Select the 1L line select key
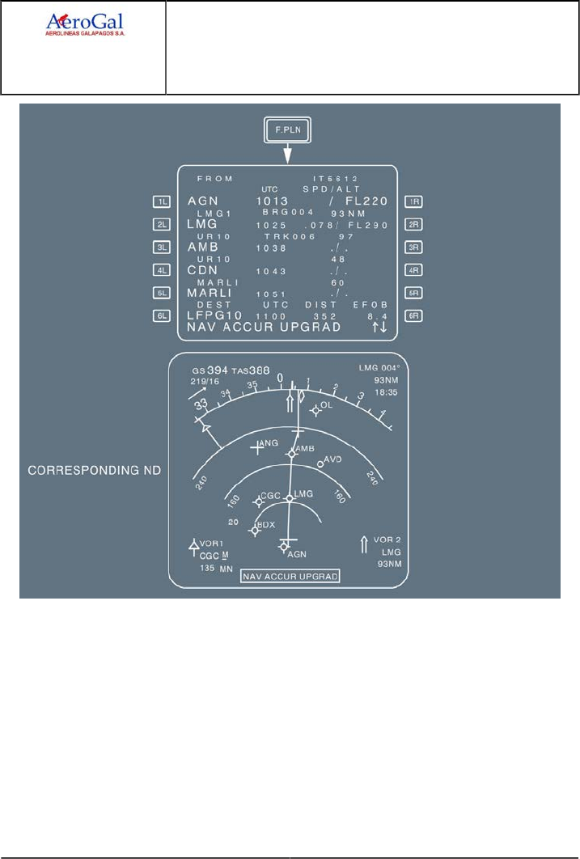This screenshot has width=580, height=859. (163, 202)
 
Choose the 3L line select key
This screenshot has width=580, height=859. (163, 248)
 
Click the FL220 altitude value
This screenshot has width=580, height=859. (366, 201)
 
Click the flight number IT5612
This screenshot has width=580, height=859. (336, 178)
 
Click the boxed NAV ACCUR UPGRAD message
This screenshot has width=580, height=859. (290, 576)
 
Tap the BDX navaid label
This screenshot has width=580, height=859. (265, 524)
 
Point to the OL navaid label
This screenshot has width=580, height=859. (326, 404)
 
